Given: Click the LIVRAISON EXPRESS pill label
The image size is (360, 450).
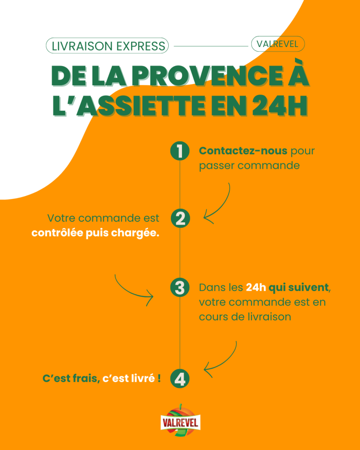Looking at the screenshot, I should point(108,45).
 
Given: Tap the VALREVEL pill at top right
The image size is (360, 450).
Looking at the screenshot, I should point(277,44).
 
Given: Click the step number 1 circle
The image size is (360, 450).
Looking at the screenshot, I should point(179,151).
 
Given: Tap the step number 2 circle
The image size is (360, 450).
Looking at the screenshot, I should point(179,218).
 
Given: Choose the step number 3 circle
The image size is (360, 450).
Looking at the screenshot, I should point(179,288).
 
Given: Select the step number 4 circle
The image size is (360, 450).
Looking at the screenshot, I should point(179,379).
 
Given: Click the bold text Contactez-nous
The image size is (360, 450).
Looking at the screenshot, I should point(243,151).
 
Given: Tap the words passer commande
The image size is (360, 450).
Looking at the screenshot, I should point(249,166).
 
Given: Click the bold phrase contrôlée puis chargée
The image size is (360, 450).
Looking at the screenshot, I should point(95,233).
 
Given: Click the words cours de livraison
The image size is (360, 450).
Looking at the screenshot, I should point(245,317).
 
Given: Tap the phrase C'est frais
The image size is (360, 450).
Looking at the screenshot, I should point(70,378).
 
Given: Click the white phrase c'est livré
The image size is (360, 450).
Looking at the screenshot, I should point(128,378).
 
